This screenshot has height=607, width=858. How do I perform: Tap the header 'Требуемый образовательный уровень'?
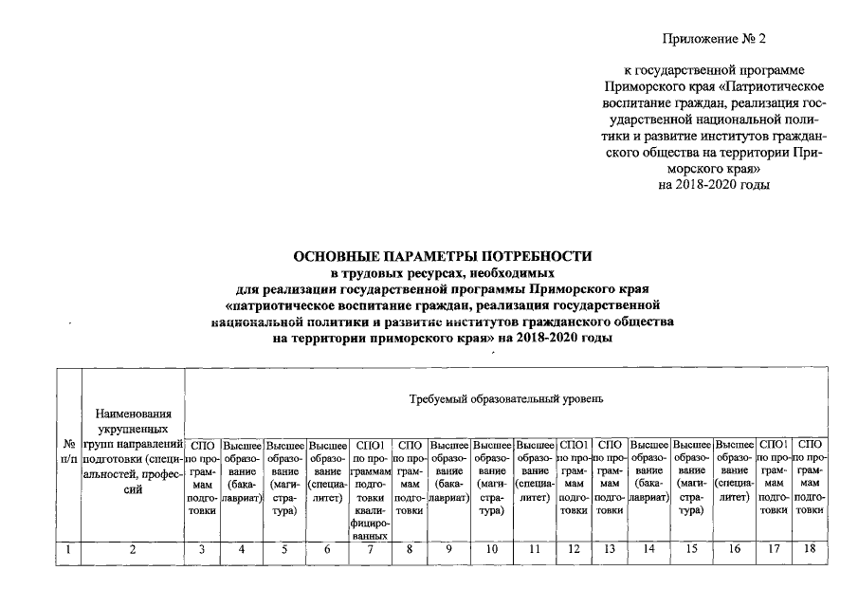click(506, 399)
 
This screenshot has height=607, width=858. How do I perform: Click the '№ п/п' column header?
click(69, 451)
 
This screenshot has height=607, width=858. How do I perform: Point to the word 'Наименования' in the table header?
click(133, 413)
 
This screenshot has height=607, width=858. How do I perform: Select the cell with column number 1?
click(69, 548)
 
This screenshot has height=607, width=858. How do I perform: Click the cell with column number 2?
click(133, 548)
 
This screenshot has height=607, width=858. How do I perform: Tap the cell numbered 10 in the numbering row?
click(491, 548)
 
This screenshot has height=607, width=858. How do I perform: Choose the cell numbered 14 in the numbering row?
click(649, 548)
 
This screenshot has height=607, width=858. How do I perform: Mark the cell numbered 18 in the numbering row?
click(812, 548)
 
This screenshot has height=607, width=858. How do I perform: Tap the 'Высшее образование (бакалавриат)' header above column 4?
click(242, 469)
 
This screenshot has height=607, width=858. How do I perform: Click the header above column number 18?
click(812, 475)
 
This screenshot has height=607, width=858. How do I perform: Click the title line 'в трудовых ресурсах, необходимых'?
click(442, 273)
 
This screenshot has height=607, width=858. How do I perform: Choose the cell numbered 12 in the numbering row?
click(575, 548)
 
